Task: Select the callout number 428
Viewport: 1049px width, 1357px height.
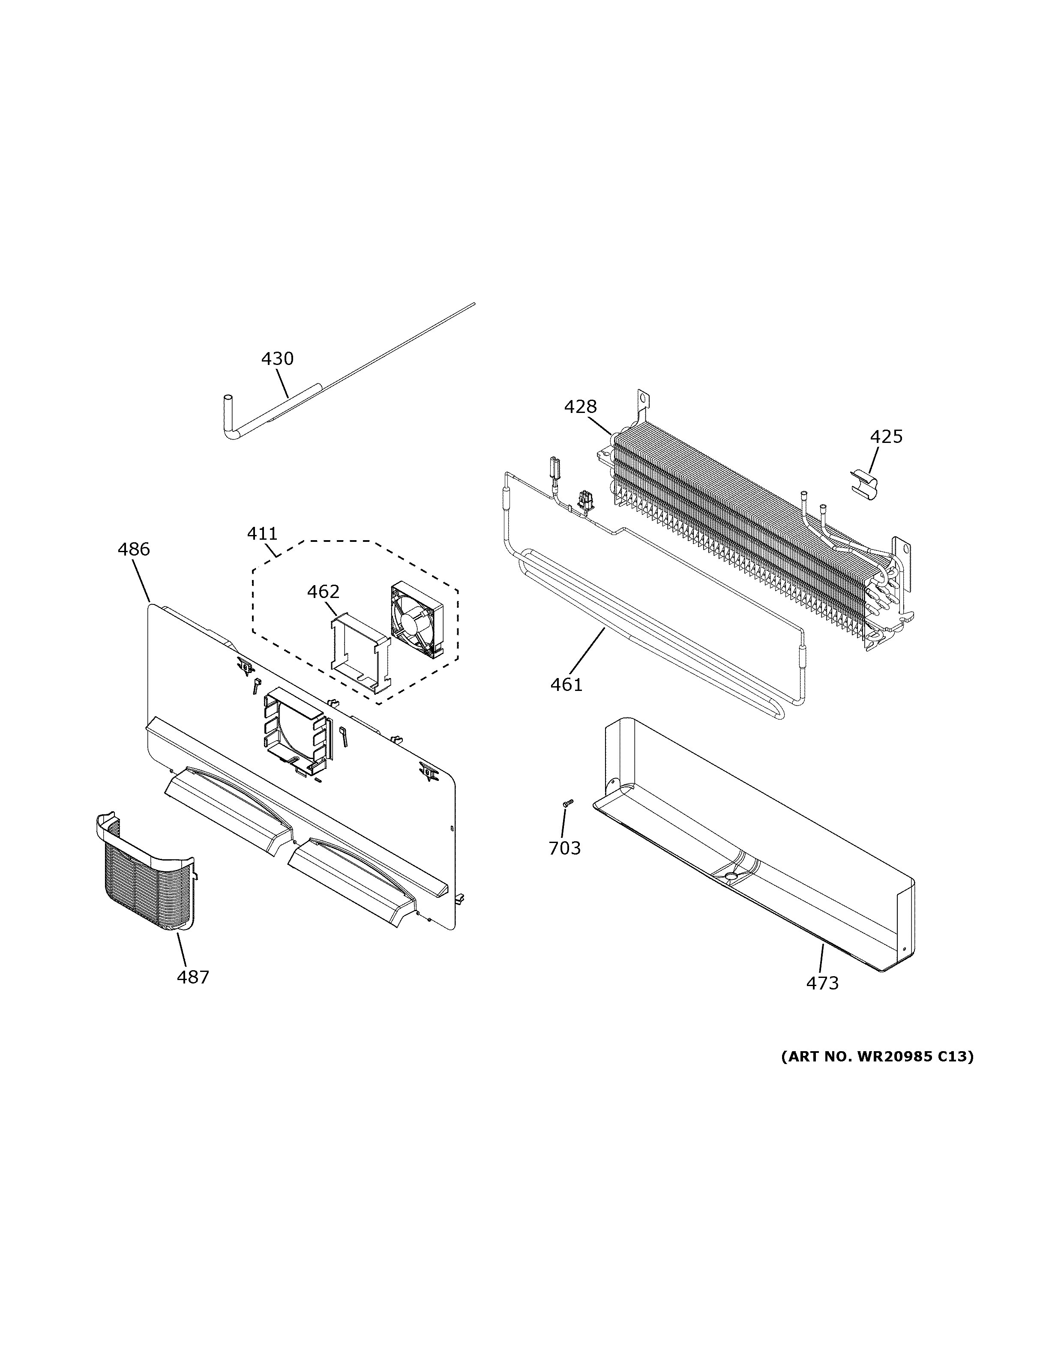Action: (x=581, y=407)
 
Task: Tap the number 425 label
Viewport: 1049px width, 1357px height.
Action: (x=886, y=437)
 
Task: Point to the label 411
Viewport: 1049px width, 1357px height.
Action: (x=262, y=533)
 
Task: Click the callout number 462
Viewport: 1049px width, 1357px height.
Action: (x=323, y=592)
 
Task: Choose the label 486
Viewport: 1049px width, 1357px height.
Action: (x=134, y=549)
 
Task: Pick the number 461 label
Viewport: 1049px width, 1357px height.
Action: (x=566, y=685)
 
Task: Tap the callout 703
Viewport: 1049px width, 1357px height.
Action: (x=564, y=848)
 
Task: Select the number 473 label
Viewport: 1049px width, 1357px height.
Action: (x=822, y=983)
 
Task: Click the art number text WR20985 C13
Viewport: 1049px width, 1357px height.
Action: (x=877, y=1056)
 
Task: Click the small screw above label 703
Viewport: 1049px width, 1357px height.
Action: (x=567, y=804)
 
